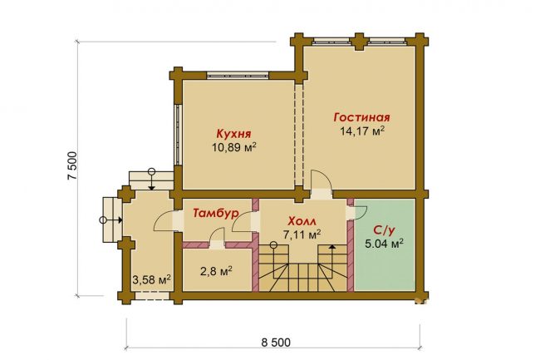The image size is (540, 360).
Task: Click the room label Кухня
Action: (233, 134)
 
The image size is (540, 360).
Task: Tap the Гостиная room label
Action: (361, 117)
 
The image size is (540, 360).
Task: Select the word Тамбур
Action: (216, 213)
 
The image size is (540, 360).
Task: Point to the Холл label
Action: (302, 221)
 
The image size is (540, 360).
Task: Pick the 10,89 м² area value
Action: (234, 147)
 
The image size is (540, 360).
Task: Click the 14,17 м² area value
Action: (362, 131)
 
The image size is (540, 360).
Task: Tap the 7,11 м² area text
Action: (302, 235)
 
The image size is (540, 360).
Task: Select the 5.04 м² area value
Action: (384, 244)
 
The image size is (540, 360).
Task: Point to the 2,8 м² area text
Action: (216, 272)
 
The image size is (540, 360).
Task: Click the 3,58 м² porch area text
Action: (152, 279)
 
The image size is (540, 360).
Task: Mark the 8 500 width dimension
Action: (276, 343)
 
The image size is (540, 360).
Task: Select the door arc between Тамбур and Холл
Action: (242, 221)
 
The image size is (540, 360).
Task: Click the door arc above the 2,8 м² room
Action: (217, 235)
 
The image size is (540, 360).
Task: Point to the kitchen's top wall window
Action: (238, 75)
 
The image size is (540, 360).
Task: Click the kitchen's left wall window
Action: (178, 135)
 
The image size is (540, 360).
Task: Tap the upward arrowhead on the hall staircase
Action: (331, 247)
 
